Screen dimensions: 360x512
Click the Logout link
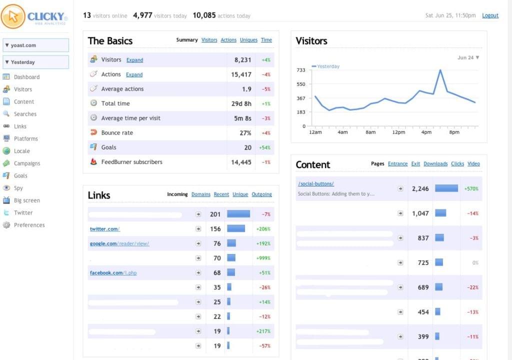(x=490, y=15)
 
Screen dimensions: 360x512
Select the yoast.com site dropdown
(x=35, y=45)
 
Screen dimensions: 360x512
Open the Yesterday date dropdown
(x=35, y=62)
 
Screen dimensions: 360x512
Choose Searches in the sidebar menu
(x=25, y=114)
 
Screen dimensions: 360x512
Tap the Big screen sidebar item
(x=26, y=200)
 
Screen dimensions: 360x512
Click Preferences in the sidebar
(x=29, y=225)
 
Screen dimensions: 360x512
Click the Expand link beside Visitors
(x=134, y=60)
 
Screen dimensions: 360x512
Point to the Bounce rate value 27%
(x=245, y=133)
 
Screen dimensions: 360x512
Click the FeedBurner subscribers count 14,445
(x=241, y=162)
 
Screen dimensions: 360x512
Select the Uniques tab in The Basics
(x=248, y=40)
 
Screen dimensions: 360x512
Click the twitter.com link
(x=104, y=229)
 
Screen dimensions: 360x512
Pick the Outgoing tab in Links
(x=261, y=194)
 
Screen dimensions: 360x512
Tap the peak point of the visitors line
(x=440, y=70)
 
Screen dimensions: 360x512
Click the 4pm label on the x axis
(x=426, y=132)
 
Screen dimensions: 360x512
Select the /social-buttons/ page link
(x=316, y=184)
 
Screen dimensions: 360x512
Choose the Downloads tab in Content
(x=435, y=164)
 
